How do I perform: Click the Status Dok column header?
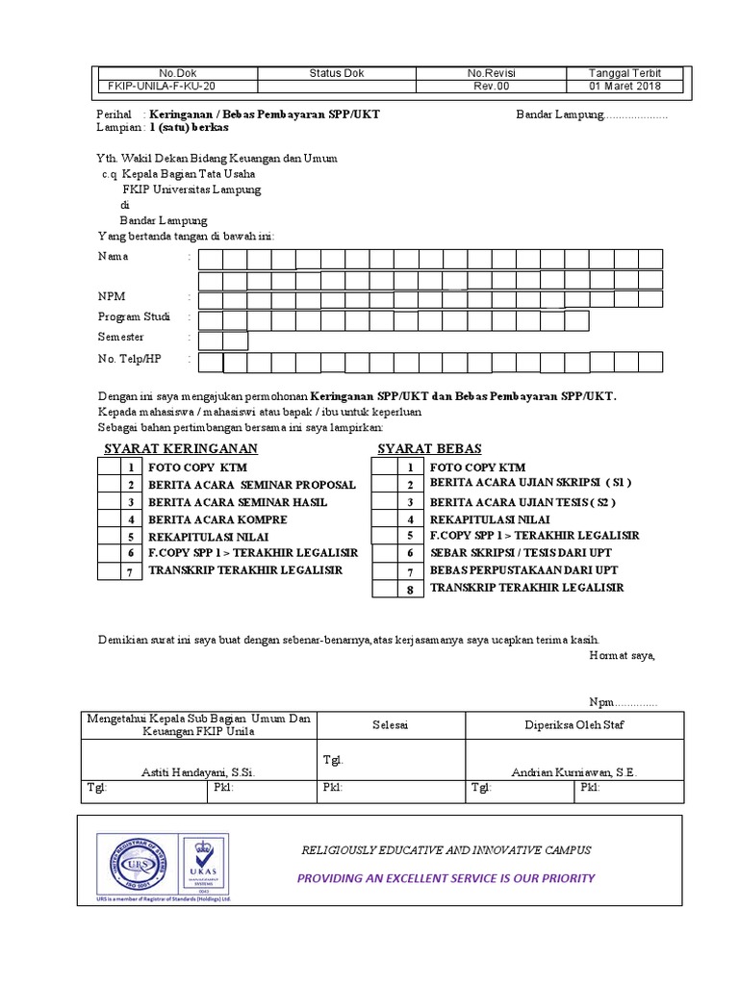pos(336,73)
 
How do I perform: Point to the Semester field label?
pos(120,338)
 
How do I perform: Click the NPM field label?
pos(112,296)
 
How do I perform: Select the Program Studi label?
pos(134,317)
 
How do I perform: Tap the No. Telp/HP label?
pos(129,359)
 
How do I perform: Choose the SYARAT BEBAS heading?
pos(429,449)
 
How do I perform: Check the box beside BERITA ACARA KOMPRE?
pos(108,519)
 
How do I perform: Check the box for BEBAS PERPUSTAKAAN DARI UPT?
pos(385,570)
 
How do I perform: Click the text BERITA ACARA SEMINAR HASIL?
pos(237,502)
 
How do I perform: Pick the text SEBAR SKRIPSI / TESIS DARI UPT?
pos(520,553)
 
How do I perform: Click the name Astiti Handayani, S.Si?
pos(198,771)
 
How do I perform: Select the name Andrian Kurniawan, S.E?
pos(573,771)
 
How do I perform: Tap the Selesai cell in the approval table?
pos(391,724)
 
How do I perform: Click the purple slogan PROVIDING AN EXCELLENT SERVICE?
pos(446,878)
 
